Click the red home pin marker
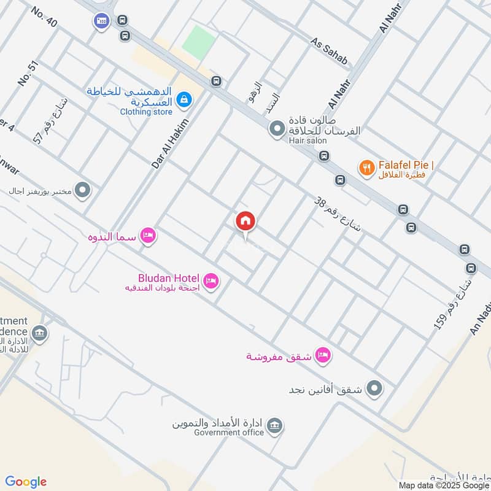(x=245, y=221)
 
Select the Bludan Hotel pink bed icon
(x=211, y=281)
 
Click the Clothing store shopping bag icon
(x=183, y=99)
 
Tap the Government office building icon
(x=274, y=425)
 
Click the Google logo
(x=26, y=481)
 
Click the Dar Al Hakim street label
(x=169, y=144)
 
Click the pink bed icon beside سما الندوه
(x=148, y=235)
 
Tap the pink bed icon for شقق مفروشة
(x=323, y=355)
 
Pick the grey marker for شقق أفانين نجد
(x=373, y=389)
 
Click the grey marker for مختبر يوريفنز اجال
(x=82, y=190)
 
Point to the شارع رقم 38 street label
(x=338, y=215)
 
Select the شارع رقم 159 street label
(x=454, y=304)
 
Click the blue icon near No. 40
(x=101, y=21)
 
